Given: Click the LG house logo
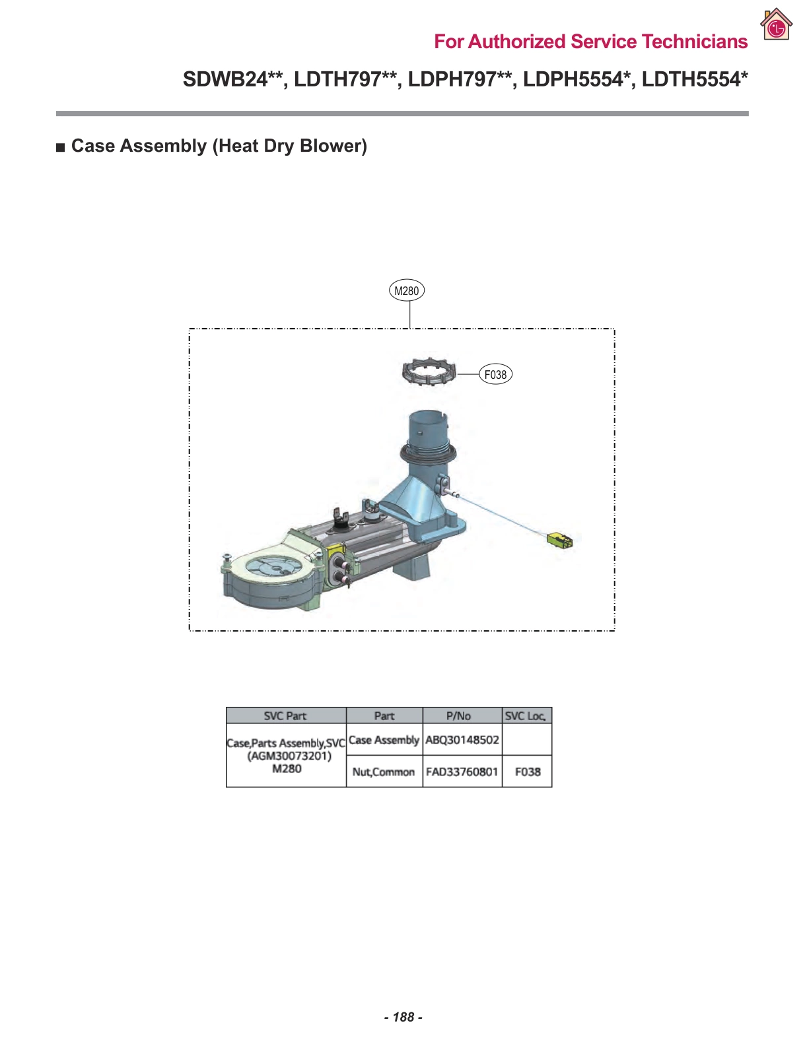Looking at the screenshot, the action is coord(776,25).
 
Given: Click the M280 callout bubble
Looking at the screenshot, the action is coord(406,290).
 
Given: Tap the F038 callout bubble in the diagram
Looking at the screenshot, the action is coord(495,375).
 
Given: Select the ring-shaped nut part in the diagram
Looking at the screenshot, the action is coord(429,372).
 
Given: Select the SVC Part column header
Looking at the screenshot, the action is coord(285,716).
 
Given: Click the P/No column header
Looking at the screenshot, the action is coord(458,716).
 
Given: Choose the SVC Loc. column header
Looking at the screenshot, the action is coord(526,716).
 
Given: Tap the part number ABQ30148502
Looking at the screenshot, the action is coord(462,740).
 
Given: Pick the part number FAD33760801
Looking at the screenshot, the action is coord(462,771).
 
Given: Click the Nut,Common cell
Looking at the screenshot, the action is coord(384,771).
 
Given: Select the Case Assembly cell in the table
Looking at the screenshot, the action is coord(384,740).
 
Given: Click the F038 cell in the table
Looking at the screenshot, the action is coord(528,771).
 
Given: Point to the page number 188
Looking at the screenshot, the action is coord(403,1017).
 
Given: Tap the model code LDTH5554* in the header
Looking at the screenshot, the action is coord(695,79).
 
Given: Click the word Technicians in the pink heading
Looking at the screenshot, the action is coord(695,42).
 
